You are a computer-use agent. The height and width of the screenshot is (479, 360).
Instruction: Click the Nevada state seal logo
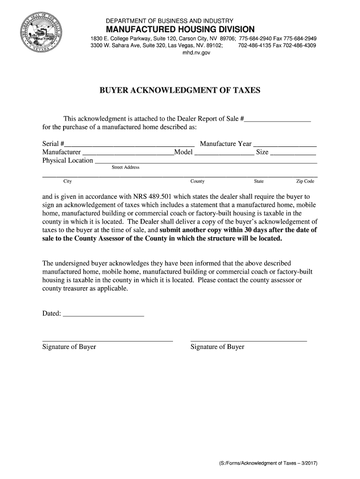(41, 36)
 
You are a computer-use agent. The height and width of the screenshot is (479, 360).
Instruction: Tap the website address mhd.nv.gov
(196, 53)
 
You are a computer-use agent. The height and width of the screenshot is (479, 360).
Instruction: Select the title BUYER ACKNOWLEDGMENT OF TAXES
(180, 90)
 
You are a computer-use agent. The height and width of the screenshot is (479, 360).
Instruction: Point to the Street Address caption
(125, 167)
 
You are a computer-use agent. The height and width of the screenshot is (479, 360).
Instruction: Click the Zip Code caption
(305, 181)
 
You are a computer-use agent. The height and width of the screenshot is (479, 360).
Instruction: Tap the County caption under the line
(197, 181)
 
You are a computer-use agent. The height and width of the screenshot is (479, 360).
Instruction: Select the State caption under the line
(259, 181)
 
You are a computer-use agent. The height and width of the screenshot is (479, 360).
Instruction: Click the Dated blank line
(103, 315)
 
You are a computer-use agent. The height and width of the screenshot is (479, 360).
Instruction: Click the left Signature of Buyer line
(108, 340)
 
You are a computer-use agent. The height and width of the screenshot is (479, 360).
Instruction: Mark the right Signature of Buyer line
(249, 340)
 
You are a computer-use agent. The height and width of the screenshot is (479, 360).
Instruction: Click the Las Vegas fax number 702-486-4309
(299, 46)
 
